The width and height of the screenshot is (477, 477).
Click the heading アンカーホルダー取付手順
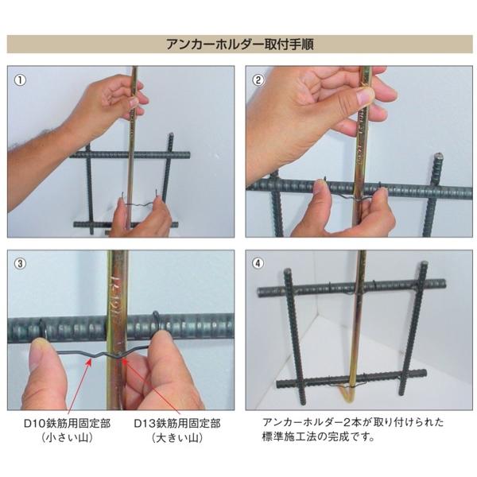click(240, 45)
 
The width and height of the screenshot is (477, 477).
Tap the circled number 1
click(21, 80)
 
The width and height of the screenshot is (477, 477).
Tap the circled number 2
click(258, 80)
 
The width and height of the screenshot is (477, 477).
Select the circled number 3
click(21, 263)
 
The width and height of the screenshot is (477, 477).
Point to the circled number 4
click(258, 263)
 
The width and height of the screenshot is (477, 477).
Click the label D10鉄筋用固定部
click(67, 424)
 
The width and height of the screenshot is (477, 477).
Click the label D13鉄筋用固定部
click(177, 424)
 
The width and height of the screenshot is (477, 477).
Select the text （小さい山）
click(67, 438)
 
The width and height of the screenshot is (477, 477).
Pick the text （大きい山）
click(177, 438)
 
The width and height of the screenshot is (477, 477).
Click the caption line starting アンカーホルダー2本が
click(353, 422)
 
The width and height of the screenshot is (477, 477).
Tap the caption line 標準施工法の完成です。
click(318, 436)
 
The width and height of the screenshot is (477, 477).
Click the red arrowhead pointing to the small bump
click(89, 362)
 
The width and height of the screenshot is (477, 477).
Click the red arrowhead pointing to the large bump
click(125, 361)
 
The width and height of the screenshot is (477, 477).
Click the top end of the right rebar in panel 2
click(438, 157)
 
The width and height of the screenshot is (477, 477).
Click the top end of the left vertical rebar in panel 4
click(287, 271)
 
